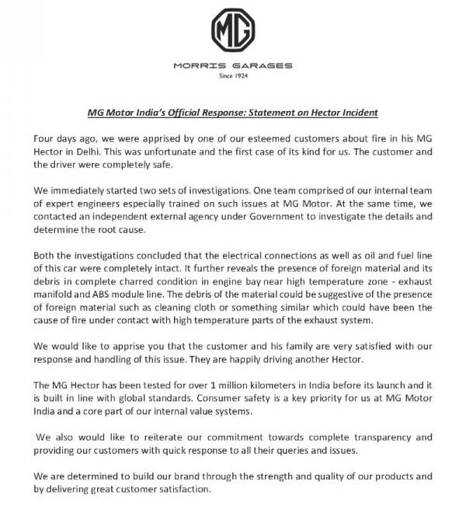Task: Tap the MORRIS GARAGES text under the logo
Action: coord(233,64)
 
